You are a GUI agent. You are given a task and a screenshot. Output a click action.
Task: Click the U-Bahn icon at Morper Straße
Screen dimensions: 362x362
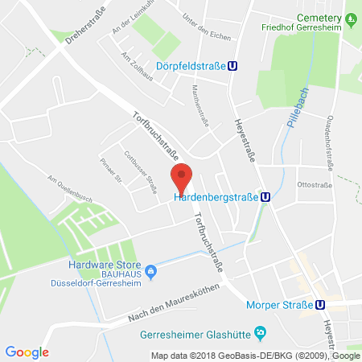[320, 304]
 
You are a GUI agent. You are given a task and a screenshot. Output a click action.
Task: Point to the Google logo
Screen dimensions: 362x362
[27, 352]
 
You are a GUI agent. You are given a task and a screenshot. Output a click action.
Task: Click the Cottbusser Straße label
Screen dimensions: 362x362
[140, 171]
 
